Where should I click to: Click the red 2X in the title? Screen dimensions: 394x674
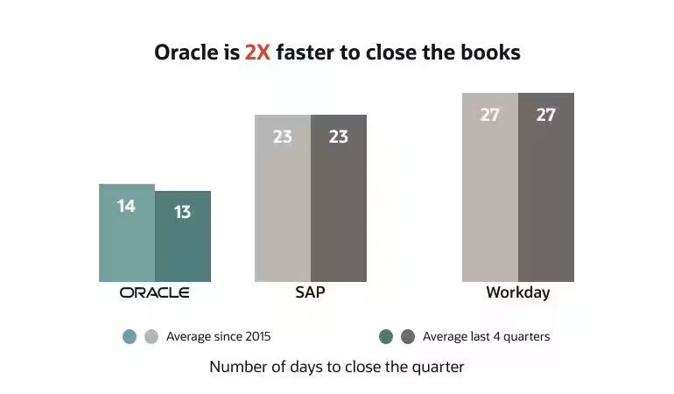tap(259, 53)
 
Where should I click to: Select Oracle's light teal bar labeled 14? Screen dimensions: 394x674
tap(127, 241)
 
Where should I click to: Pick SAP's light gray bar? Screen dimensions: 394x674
tap(283, 210)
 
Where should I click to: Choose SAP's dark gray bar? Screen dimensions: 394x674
tap(339, 210)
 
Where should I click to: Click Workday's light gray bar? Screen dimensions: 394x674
tap(490, 197)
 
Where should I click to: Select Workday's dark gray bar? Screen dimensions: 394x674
tap(546, 197)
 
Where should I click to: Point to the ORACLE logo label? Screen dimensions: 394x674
tap(155, 292)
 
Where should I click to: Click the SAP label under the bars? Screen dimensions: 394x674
tap(310, 292)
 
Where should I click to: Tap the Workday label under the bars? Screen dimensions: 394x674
tap(518, 292)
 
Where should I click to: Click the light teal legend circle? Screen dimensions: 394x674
tap(130, 336)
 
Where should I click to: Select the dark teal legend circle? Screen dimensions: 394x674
tap(386, 336)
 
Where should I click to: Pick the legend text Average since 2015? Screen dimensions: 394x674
tap(224, 336)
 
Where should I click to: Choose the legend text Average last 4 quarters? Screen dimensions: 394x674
tap(486, 336)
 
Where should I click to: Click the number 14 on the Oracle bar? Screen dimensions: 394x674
tap(126, 207)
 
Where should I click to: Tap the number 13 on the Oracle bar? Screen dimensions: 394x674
tap(182, 212)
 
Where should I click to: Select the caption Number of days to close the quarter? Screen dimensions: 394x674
tap(337, 367)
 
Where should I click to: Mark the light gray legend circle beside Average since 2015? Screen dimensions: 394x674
tap(151, 336)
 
